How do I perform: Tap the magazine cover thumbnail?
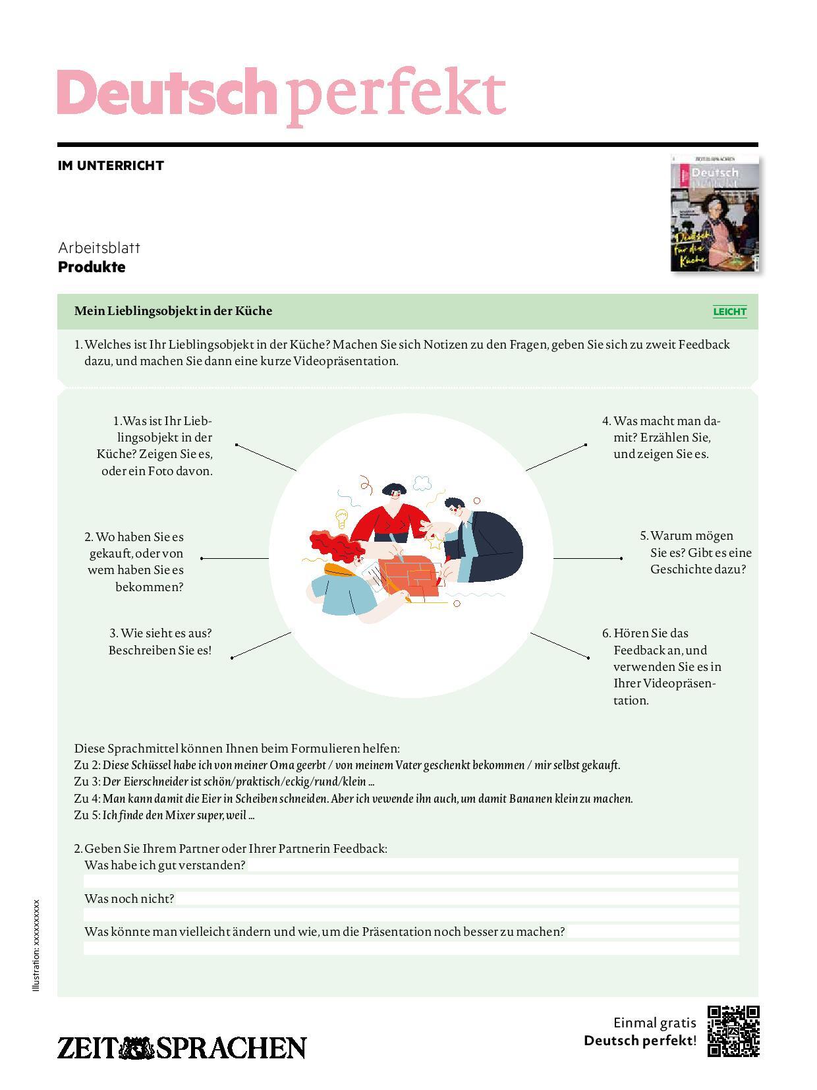point(714,214)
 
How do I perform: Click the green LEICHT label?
point(729,312)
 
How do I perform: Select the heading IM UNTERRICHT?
point(111,165)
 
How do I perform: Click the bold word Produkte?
point(92,267)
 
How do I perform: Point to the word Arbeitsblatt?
point(99,248)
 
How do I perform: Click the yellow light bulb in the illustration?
point(341,518)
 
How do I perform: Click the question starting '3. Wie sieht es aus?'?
point(160,641)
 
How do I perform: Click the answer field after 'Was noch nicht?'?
point(455,898)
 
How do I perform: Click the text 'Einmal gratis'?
point(654,1023)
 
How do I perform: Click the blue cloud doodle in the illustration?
point(422,484)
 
